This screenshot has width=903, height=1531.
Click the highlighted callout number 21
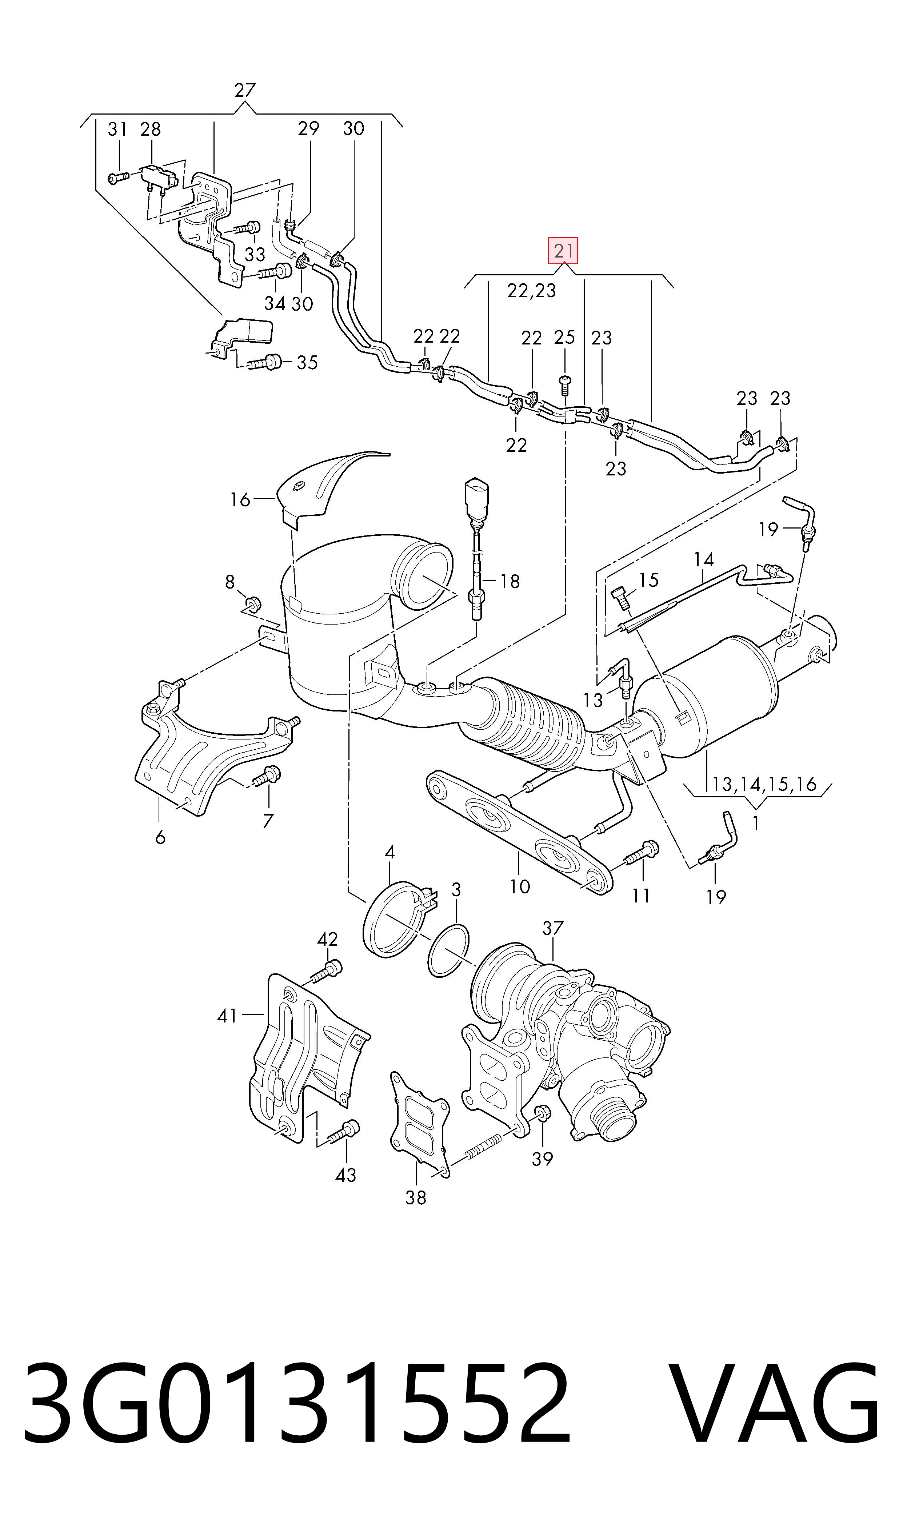(563, 250)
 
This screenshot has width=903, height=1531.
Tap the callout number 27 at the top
(245, 90)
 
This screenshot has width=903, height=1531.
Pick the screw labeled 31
(119, 177)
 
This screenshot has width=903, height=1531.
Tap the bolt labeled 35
(263, 363)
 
